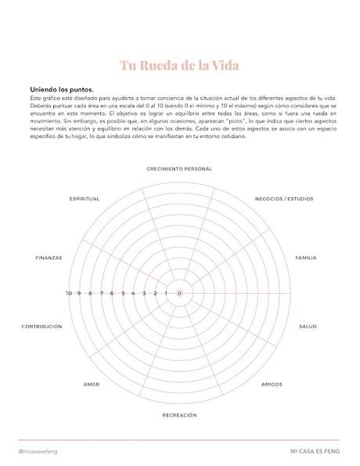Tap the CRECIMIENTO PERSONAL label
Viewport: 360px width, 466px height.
[179, 168]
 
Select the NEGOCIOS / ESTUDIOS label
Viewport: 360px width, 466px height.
[284, 199]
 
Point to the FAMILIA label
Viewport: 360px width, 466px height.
[306, 258]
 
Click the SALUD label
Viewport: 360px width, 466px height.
[308, 326]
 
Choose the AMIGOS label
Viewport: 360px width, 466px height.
[272, 385]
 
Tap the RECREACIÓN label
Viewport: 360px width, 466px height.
[179, 414]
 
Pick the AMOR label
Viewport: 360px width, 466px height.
[92, 385]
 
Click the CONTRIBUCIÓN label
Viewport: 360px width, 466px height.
[41, 326]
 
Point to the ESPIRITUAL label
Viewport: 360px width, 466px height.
[85, 199]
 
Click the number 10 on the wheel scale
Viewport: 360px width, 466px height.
[69, 293]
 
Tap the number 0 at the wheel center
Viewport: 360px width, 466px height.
[180, 293]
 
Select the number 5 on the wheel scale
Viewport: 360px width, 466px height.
[123, 293]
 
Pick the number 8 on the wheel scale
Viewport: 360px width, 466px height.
[90, 293]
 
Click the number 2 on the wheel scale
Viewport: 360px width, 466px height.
[155, 293]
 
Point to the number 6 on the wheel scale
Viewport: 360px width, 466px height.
[112, 293]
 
